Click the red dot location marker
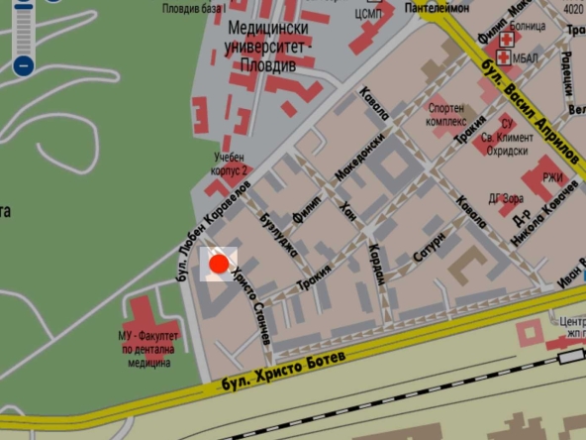(x=219, y=263)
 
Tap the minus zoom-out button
(x=24, y=66)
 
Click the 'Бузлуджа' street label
(x=276, y=234)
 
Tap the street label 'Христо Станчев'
(x=252, y=306)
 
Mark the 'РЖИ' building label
(x=552, y=178)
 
